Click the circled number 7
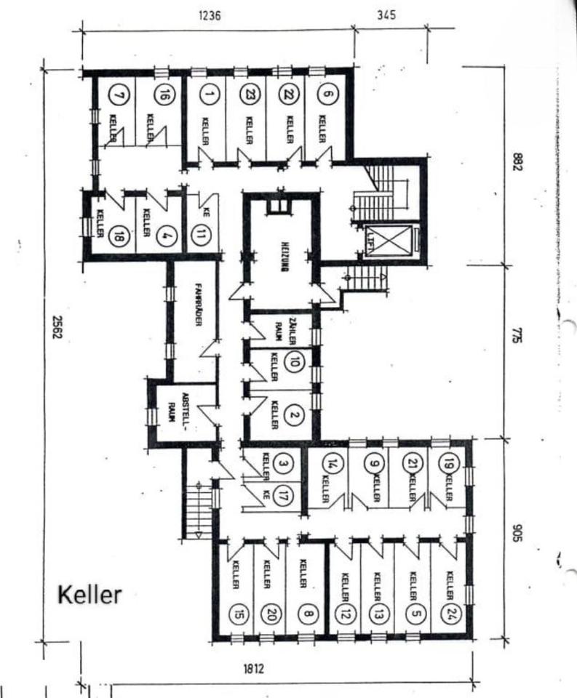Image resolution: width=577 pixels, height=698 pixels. pyautogui.click(x=118, y=94)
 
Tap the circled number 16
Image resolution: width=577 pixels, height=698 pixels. pyautogui.click(x=166, y=94)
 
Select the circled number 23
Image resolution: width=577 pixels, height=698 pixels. pyautogui.click(x=248, y=94)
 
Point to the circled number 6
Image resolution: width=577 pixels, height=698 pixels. pyautogui.click(x=327, y=94)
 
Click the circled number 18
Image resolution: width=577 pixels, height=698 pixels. pyautogui.click(x=116, y=236)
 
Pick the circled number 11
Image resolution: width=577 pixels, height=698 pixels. pyautogui.click(x=202, y=235)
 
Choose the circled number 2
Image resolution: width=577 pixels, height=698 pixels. pyautogui.click(x=294, y=416)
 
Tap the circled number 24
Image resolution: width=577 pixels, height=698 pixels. pyautogui.click(x=452, y=613)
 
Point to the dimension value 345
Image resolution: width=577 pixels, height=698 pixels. pyautogui.click(x=387, y=14)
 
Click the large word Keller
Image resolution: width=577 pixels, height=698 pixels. pyautogui.click(x=89, y=594)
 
